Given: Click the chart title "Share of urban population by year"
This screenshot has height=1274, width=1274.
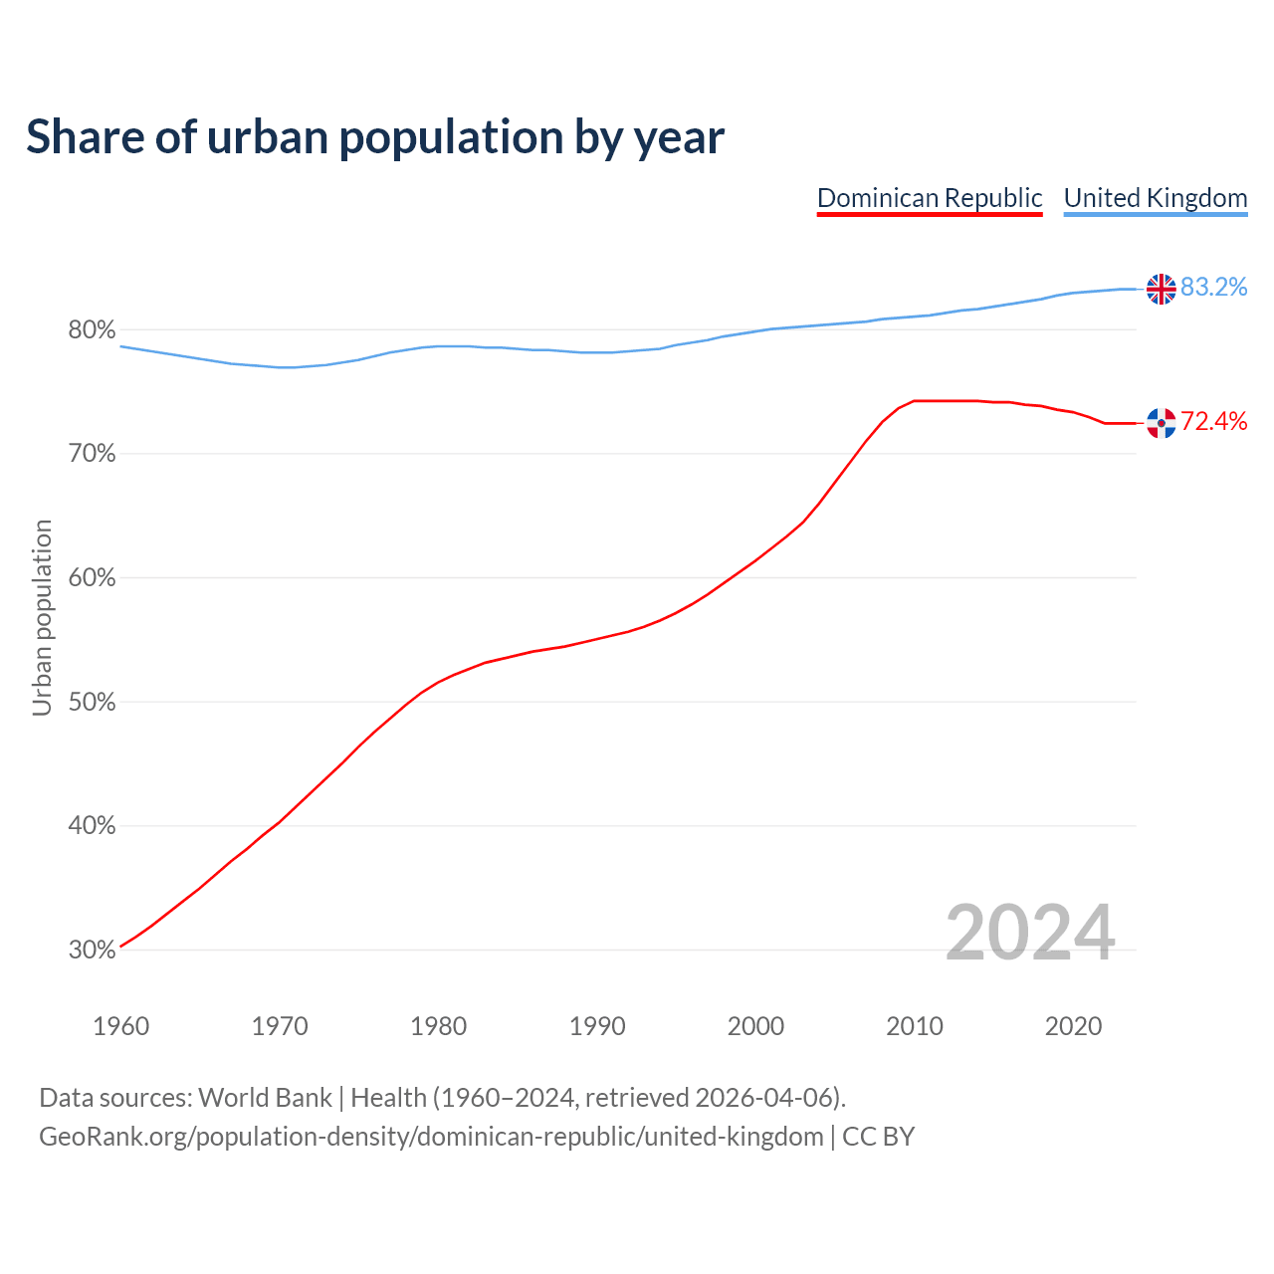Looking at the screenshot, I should [x=375, y=137].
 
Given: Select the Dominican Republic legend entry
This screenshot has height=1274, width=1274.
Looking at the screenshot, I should [x=930, y=198].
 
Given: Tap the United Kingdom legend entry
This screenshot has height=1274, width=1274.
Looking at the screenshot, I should [x=1155, y=198].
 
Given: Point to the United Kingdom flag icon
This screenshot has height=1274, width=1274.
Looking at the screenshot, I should [x=1161, y=289].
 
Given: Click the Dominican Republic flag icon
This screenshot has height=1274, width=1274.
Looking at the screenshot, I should [x=1161, y=423].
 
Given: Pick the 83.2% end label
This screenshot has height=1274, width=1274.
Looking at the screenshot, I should [x=1213, y=288].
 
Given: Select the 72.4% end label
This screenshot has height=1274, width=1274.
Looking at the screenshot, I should [x=1213, y=422].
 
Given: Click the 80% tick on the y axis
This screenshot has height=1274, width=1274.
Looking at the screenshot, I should [x=92, y=330].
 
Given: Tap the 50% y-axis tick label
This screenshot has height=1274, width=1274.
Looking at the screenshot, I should [x=92, y=703].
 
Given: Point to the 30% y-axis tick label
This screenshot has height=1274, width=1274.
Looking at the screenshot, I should [x=92, y=951].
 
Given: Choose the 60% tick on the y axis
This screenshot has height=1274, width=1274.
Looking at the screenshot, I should [x=92, y=578].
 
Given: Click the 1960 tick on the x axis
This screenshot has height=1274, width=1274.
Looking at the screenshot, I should [x=120, y=1026].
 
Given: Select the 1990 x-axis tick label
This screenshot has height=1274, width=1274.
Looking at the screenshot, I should [x=597, y=1026].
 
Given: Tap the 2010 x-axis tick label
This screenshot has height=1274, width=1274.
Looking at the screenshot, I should [x=915, y=1026].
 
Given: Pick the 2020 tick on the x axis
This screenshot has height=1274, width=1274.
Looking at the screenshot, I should [x=1073, y=1026].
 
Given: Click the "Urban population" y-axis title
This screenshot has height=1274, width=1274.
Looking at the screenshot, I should [x=42, y=617].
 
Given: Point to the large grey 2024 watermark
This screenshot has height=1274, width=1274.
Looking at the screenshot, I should [x=1030, y=934].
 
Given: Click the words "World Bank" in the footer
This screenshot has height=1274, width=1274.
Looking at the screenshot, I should [x=265, y=1098].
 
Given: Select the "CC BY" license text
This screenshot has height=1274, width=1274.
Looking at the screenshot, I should [x=878, y=1137].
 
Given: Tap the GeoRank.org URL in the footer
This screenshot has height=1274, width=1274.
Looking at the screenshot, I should [x=431, y=1137].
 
